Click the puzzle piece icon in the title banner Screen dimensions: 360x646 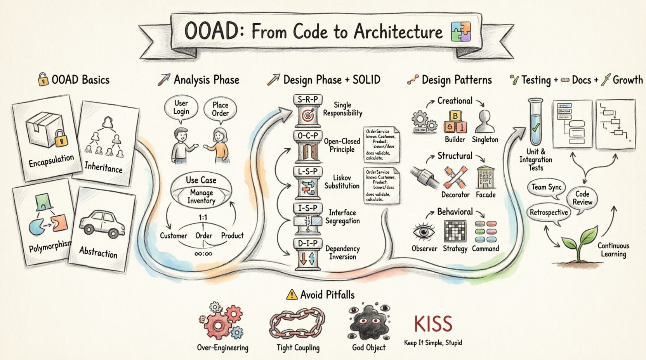click(x=461, y=32)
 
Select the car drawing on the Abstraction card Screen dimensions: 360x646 click(x=102, y=224)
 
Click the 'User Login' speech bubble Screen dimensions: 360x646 click(x=181, y=108)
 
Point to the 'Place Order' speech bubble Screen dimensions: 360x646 click(x=220, y=109)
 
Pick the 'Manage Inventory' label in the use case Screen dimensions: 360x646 click(x=201, y=197)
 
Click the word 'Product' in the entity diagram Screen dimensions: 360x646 click(x=232, y=235)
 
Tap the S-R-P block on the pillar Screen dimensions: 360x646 click(x=307, y=100)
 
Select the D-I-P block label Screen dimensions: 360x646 click(x=307, y=243)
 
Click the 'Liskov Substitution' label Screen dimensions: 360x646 click(x=342, y=182)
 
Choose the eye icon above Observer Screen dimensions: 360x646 click(x=424, y=232)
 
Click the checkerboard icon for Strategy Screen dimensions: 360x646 click(x=455, y=232)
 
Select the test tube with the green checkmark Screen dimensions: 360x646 click(x=535, y=121)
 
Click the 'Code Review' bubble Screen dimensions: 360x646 click(x=582, y=198)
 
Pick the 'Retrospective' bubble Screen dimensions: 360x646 click(x=549, y=213)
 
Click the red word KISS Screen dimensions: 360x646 click(x=433, y=324)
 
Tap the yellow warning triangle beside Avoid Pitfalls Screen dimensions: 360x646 click(x=291, y=295)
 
